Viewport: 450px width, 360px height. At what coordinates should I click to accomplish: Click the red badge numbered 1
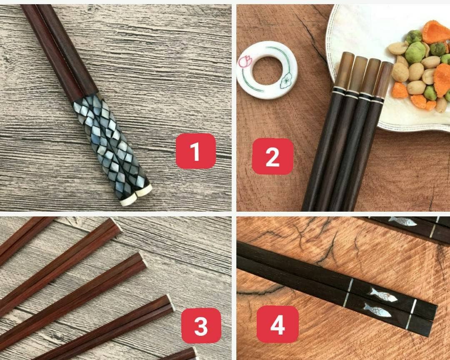(195, 151)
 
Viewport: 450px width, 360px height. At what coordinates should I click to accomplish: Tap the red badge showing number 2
(272, 156)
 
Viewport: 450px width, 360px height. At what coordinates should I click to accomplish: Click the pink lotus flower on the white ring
(245, 62)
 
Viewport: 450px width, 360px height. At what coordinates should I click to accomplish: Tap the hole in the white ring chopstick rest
(266, 70)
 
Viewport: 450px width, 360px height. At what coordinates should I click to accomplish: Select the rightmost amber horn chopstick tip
(383, 80)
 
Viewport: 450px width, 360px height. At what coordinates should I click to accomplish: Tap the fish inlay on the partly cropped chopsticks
(402, 221)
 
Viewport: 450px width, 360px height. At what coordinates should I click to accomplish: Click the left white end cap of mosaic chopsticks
(128, 201)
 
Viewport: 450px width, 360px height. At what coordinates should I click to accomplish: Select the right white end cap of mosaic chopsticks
(144, 191)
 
